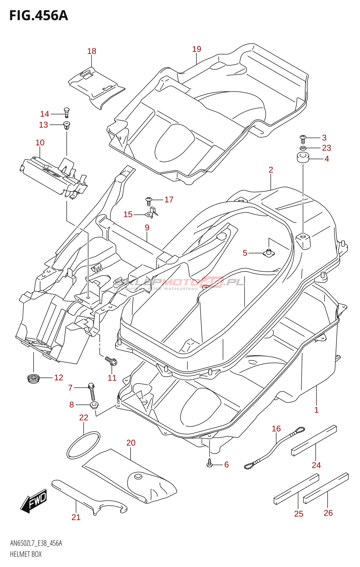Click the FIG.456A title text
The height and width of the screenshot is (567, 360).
(38, 16)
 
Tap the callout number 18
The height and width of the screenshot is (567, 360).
(91, 51)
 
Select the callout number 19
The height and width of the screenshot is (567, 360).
(197, 49)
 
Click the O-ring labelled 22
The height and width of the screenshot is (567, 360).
(83, 445)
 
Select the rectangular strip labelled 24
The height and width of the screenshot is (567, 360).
(314, 440)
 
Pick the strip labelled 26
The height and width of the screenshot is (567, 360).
(326, 488)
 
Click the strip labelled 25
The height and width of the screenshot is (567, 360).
(296, 489)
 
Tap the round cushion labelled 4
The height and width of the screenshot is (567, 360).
(303, 157)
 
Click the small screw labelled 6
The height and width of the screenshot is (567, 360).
(210, 462)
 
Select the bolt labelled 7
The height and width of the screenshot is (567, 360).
(92, 391)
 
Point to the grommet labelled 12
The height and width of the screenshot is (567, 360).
(33, 378)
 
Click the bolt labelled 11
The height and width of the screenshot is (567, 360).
(111, 361)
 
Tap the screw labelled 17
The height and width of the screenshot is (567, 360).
(149, 201)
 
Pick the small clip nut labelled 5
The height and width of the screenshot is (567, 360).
(269, 253)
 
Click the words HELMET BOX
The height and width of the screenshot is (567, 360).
(26, 554)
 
